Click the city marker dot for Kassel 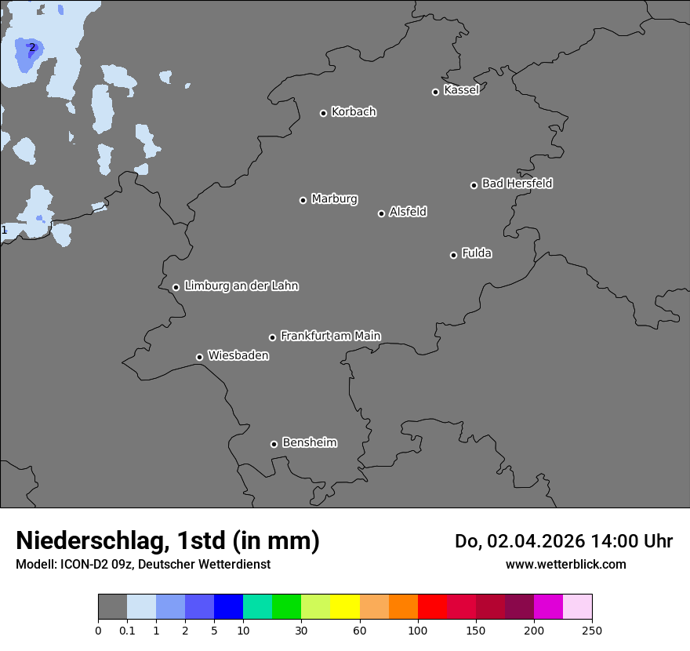435,92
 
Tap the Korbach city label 354,111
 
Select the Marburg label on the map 334,198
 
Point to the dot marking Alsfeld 381,213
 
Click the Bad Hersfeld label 517,184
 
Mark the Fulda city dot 453,255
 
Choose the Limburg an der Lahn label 241,285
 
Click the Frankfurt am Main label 330,336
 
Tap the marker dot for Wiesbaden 199,357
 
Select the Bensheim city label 309,442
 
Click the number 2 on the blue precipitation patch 32,47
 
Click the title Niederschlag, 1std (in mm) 168,540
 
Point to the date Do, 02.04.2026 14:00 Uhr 564,541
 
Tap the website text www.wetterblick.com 565,564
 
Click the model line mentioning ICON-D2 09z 143,564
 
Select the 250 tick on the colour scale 592,630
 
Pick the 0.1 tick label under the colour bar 127,630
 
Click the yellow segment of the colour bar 345,607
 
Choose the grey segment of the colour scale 112,607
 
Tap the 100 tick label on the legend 418,630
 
